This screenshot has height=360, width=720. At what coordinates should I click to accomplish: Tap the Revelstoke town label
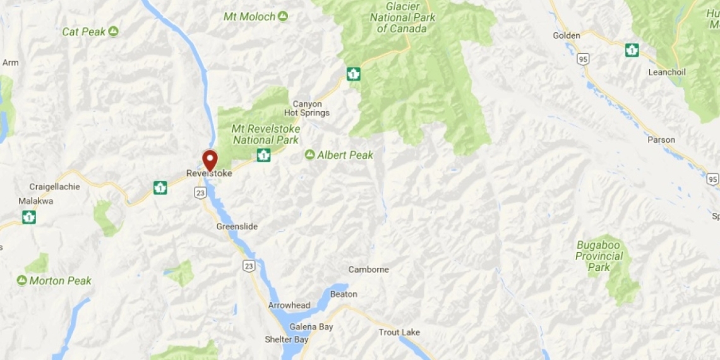tap(209, 173)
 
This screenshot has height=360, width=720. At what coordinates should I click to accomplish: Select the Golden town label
tap(567, 35)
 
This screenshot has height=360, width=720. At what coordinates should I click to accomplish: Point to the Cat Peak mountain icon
tap(114, 31)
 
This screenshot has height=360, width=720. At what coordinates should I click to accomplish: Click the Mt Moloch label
tap(249, 16)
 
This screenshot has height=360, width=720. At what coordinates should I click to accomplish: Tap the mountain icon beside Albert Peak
tap(309, 155)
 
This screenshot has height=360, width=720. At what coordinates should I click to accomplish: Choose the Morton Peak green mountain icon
tap(22, 280)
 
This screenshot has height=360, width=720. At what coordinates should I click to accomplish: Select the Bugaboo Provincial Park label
tap(599, 256)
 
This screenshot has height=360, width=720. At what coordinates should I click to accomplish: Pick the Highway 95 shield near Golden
tap(582, 59)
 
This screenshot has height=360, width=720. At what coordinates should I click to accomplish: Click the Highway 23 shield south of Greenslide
tap(249, 266)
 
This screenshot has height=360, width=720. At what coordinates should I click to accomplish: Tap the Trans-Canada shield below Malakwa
tap(28, 217)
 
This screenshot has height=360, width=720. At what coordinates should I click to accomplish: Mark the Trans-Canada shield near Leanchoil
tap(632, 50)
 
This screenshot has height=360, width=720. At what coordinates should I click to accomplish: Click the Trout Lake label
tap(399, 332)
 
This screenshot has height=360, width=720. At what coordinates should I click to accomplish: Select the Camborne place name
tap(369, 270)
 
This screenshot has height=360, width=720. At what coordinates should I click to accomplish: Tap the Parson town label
tap(661, 140)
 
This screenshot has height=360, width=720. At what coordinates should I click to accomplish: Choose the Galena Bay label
tap(311, 327)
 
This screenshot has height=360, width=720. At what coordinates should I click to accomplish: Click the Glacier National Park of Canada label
tap(402, 17)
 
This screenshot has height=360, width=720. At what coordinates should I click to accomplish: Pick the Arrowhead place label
tap(289, 305)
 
